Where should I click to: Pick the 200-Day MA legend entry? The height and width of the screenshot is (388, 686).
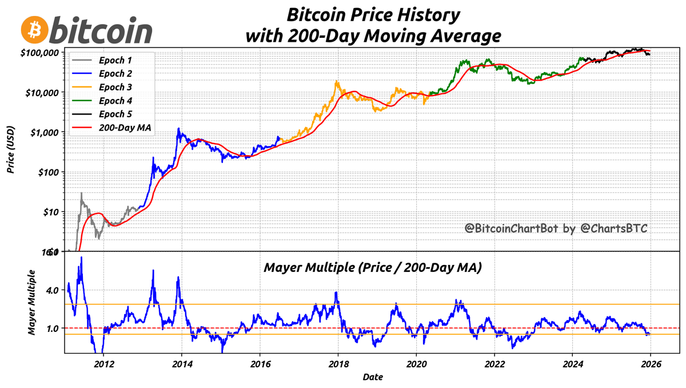124,128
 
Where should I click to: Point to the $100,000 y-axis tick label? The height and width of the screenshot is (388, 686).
39,52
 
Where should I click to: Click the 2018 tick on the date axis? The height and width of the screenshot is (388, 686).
338,364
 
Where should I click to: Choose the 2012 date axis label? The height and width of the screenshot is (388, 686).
103,364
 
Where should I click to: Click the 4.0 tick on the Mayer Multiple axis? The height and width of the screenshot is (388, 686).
53,290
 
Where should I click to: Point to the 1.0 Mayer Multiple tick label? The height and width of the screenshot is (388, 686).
53,328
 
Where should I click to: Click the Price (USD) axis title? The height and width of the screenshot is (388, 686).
10,151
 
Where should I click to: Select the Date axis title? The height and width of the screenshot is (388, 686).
372,377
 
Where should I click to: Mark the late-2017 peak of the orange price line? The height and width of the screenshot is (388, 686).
337,81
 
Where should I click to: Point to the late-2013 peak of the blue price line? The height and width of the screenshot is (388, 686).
179,129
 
